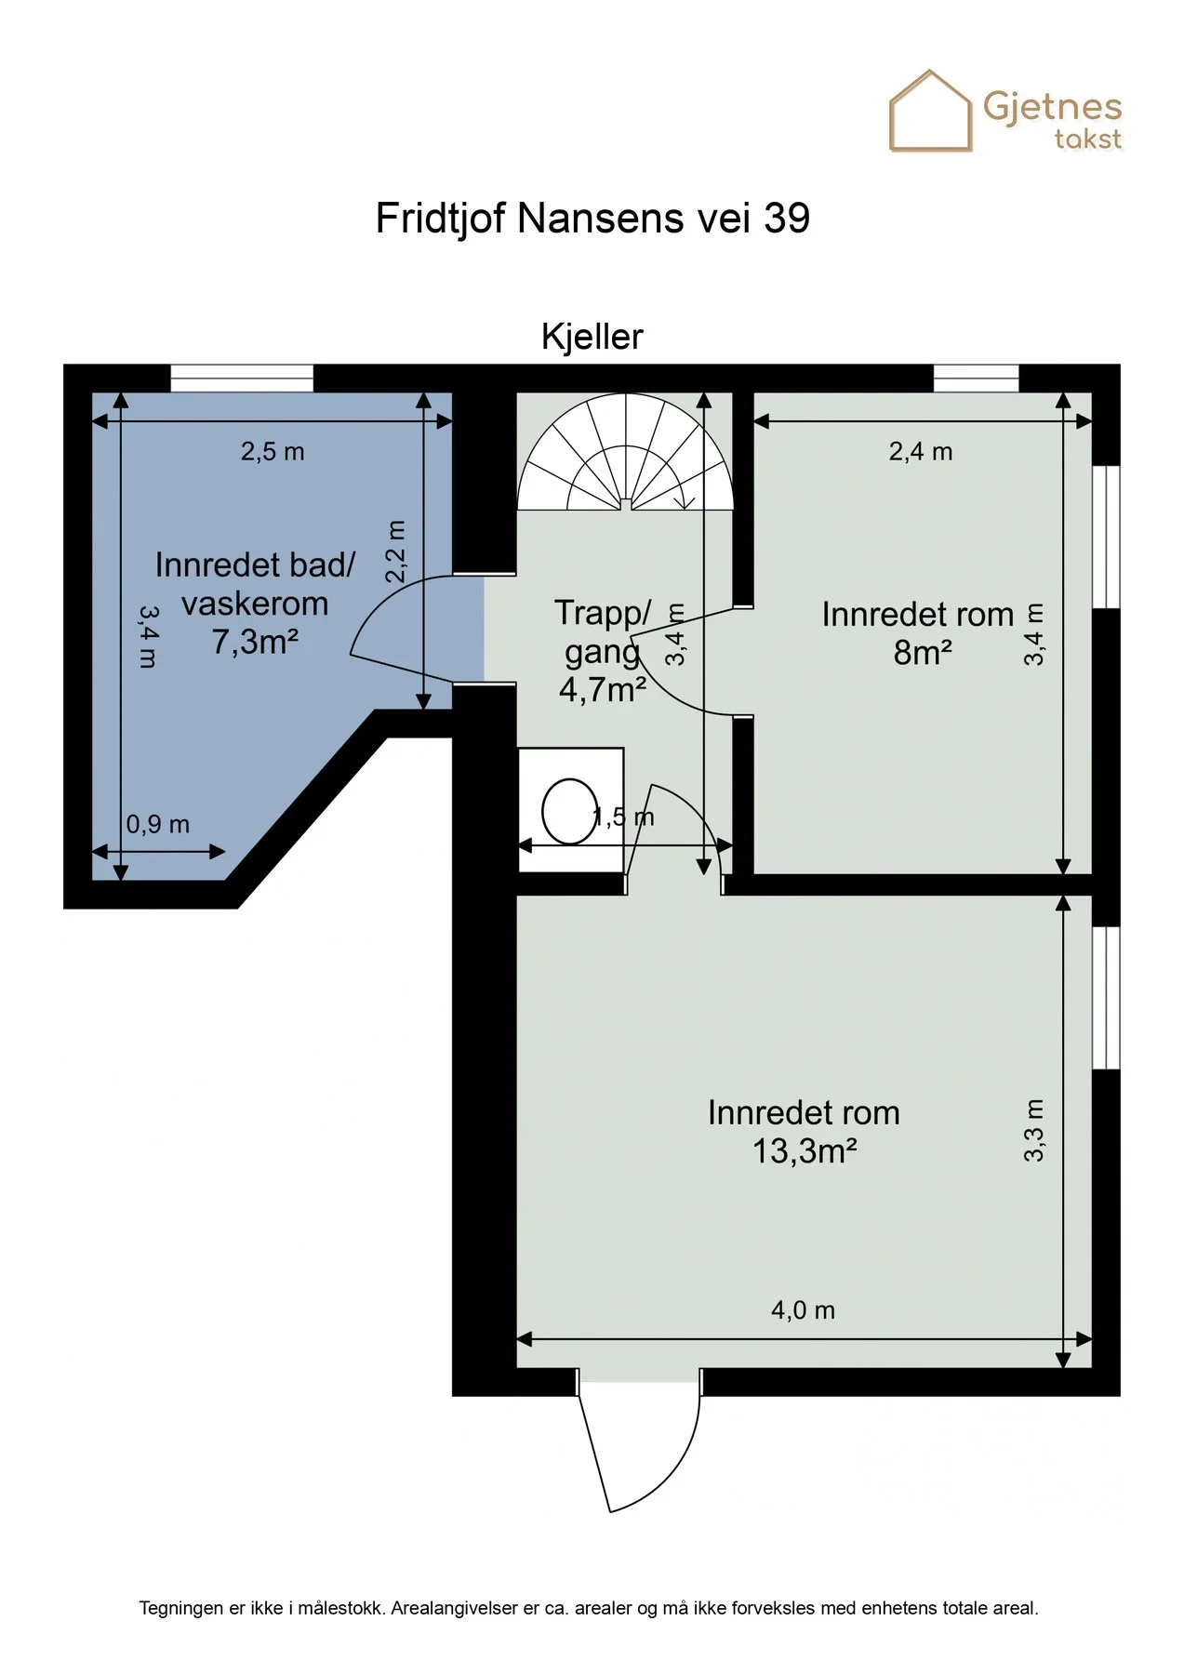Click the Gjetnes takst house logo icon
coord(931,111)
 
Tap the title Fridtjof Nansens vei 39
coord(592,219)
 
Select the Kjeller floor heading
coord(592,337)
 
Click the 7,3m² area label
coord(255,642)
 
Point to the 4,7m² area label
coord(603,689)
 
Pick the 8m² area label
coord(923,653)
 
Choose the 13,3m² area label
coord(805,1151)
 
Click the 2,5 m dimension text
coord(273,452)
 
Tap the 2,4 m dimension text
coord(921,452)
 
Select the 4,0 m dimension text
coord(804,1310)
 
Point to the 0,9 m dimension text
coord(158,824)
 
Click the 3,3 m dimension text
coord(1034,1131)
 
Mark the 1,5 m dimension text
coord(624,817)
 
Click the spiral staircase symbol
coord(626,452)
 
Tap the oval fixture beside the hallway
coord(569,811)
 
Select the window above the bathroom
coord(242,379)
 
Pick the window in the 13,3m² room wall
coord(1106,998)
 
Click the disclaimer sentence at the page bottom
coord(589,1608)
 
